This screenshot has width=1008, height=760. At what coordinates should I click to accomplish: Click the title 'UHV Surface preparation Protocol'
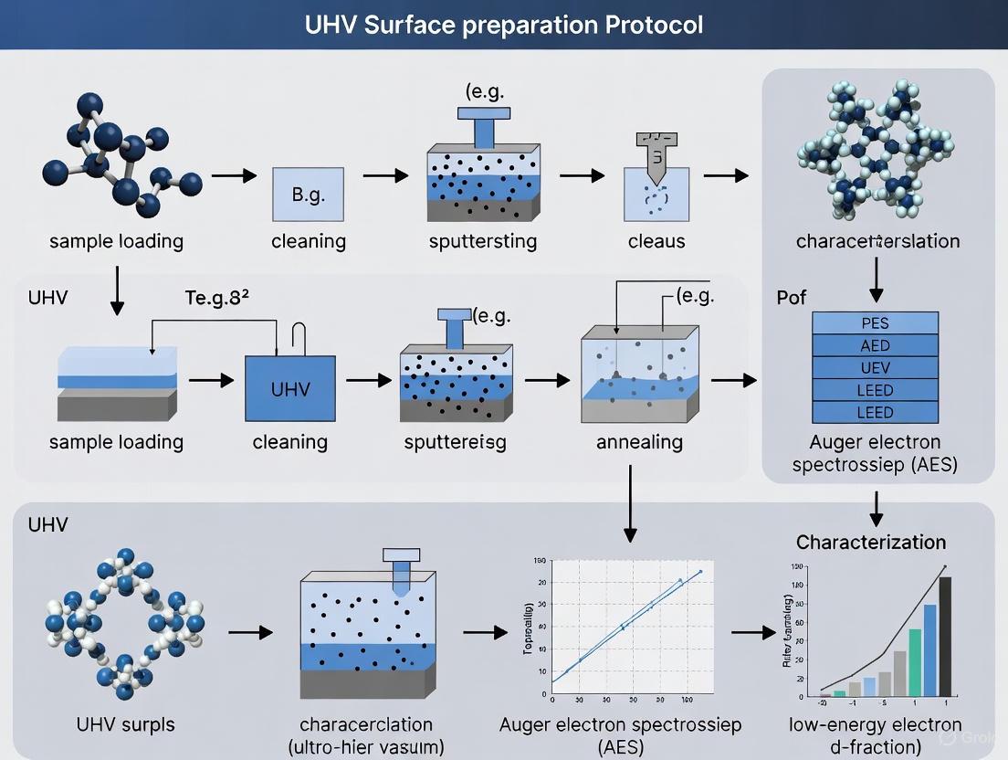(504, 24)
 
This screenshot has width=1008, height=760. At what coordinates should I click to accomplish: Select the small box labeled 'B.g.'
(309, 195)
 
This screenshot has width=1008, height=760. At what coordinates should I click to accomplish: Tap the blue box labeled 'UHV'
(290, 388)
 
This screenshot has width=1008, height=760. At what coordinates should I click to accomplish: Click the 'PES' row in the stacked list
(875, 323)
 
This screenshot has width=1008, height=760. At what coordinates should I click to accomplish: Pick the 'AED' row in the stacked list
(875, 345)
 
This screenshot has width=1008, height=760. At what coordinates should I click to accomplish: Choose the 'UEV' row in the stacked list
(875, 368)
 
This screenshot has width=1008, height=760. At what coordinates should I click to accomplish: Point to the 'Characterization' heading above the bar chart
(871, 542)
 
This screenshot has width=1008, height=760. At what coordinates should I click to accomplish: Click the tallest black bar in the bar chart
(945, 636)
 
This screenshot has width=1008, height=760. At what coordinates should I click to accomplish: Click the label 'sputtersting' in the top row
(482, 242)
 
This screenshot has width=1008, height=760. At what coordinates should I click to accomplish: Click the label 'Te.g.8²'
(217, 298)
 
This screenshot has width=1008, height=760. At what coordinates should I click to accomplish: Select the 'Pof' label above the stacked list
(791, 299)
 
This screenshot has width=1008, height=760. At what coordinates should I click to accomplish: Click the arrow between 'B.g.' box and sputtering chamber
(384, 174)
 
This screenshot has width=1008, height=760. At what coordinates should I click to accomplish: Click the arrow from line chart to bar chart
(752, 632)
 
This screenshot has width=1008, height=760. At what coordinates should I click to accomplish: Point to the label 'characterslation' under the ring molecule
(877, 242)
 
